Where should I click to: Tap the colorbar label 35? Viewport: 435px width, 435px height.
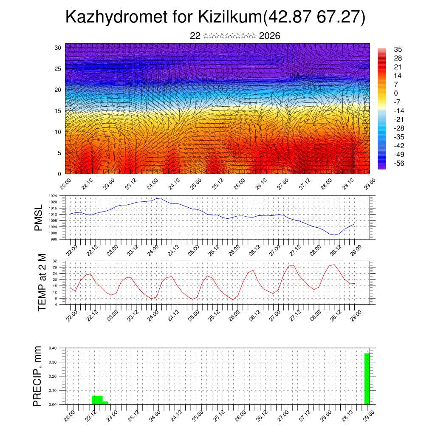click(398, 49)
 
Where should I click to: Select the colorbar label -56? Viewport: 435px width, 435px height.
click(399, 163)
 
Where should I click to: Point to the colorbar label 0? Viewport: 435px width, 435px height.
click(396, 93)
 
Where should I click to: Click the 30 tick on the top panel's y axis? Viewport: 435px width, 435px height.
click(58, 48)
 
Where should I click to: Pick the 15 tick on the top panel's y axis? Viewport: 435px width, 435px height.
click(58, 111)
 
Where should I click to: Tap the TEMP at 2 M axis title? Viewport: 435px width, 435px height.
click(42, 283)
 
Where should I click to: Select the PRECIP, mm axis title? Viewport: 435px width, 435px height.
click(38, 376)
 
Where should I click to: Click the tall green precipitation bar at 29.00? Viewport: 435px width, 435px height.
click(367, 379)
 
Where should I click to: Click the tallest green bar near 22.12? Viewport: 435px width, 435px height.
click(97, 400)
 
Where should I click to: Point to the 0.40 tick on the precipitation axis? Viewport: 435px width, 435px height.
click(52, 348)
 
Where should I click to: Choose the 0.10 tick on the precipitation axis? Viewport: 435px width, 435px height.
click(52, 390)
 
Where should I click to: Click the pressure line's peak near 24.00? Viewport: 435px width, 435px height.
click(157, 198)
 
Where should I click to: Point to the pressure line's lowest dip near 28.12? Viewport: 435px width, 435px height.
click(334, 235)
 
